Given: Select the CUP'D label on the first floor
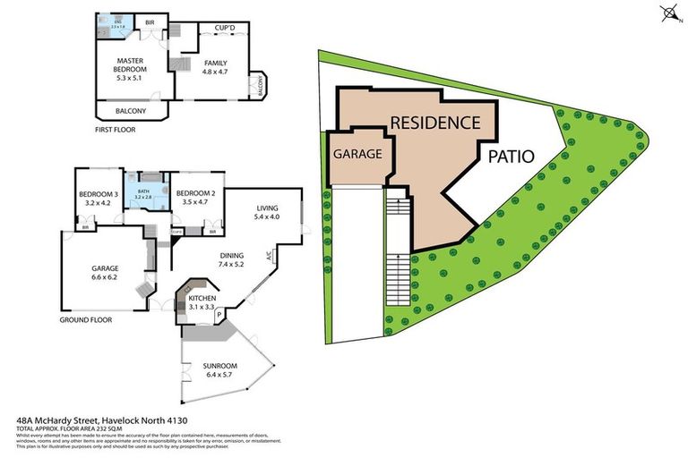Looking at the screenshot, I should (224, 29).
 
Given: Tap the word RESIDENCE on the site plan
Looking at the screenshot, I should (434, 123).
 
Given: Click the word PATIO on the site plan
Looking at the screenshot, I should (511, 157).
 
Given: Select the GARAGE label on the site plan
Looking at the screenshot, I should (358, 154).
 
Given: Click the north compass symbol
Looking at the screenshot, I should (667, 13).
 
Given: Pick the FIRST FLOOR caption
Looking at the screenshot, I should (117, 129).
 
